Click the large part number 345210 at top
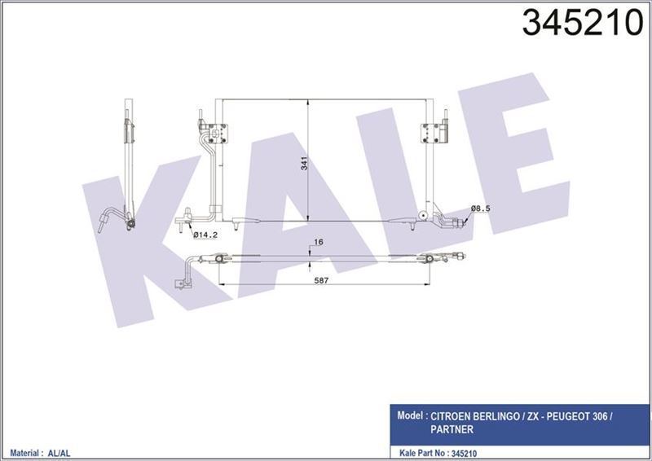point(581,24)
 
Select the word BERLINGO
point(521,415)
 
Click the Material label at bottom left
point(25,449)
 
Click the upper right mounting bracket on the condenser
point(428,130)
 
